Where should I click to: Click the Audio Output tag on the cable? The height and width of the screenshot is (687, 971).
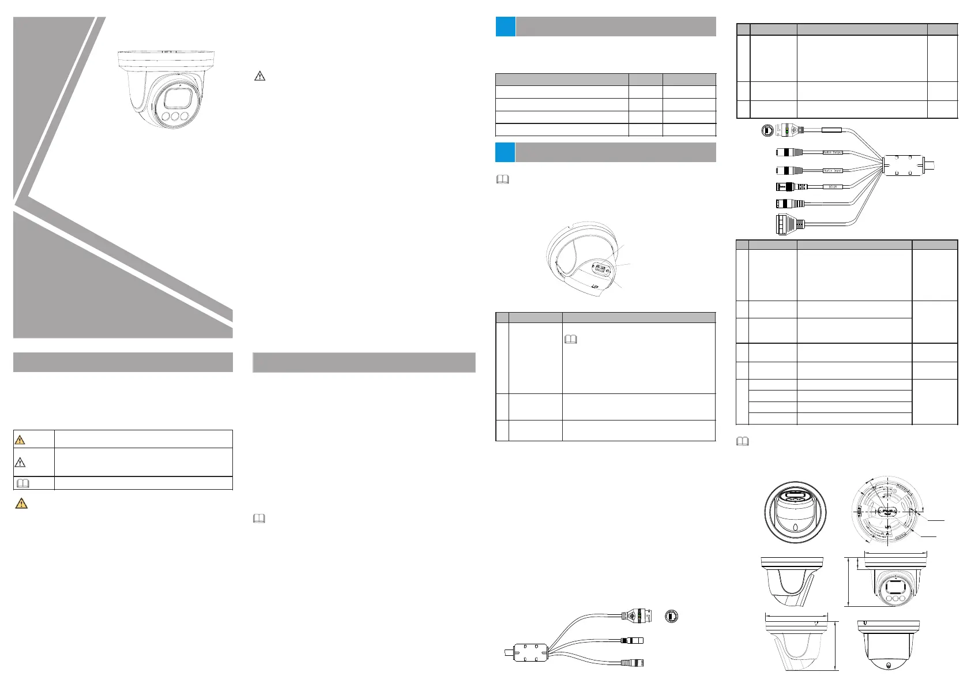click(832, 152)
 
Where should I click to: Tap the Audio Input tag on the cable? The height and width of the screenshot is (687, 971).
click(832, 171)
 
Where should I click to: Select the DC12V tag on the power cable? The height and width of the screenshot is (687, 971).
click(832, 187)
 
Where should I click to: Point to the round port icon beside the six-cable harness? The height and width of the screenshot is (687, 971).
click(767, 130)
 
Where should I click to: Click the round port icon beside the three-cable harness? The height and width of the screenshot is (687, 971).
click(671, 617)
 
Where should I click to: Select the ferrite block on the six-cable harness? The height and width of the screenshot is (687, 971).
click(902, 164)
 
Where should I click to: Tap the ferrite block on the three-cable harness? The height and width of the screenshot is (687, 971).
click(529, 652)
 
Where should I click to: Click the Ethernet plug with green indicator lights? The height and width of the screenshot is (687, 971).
click(789, 130)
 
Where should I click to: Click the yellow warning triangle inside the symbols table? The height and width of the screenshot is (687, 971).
click(20, 440)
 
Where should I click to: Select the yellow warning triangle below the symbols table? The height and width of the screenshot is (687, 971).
click(21, 504)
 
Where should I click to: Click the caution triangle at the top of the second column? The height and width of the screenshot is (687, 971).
click(259, 76)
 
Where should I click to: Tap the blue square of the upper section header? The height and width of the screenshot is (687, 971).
click(505, 27)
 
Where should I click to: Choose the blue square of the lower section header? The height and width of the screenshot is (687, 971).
click(505, 152)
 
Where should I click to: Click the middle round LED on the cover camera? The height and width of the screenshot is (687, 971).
click(175, 117)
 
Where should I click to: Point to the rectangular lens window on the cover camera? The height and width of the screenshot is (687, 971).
click(175, 98)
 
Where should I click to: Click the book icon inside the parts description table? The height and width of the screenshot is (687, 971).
click(570, 340)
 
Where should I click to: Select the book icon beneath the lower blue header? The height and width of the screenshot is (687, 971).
click(503, 180)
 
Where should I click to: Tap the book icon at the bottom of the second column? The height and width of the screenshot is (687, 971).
click(259, 519)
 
